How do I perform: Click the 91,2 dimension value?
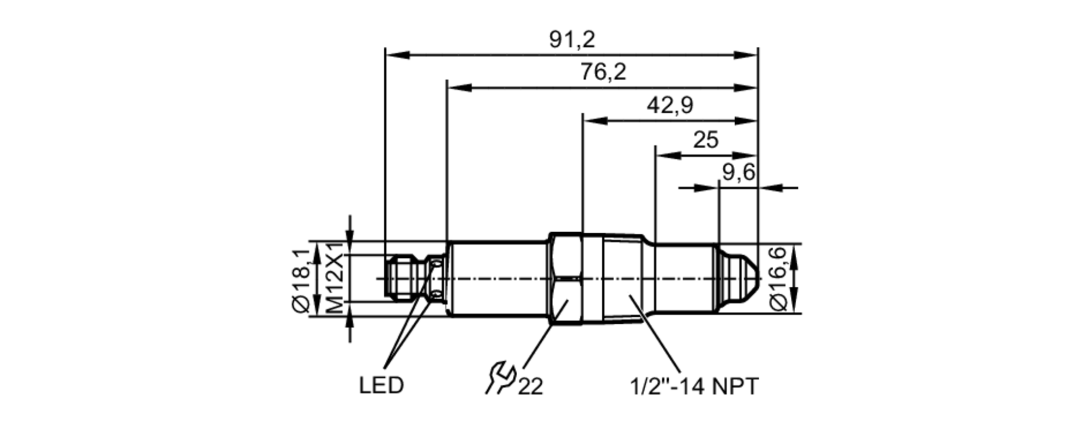coord(572,40)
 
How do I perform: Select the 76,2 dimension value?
coord(602,72)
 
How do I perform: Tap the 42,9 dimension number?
coord(669,105)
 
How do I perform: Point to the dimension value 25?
coord(705,140)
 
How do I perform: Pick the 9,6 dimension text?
coord(738,173)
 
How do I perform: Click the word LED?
coord(381,385)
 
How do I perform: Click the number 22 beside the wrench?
coord(530,387)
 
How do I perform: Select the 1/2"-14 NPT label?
coord(694,386)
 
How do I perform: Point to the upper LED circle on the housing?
coord(436,264)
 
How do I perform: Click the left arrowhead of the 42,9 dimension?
coord(595,120)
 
